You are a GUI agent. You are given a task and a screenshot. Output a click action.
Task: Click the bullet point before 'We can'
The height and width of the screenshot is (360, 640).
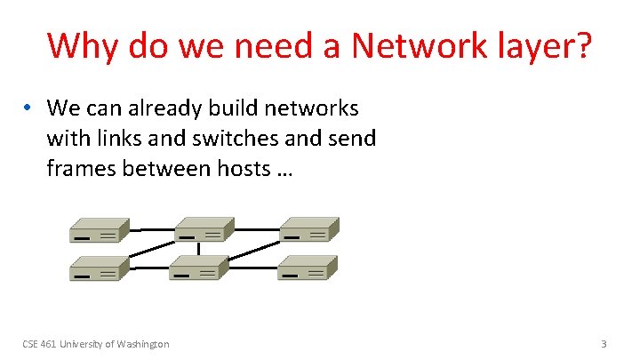29,108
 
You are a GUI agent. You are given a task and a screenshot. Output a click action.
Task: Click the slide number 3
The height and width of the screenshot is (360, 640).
604,343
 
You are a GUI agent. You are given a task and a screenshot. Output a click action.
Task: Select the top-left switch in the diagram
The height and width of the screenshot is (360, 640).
99,229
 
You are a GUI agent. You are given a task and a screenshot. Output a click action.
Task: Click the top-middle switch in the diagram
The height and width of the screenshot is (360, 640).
204,229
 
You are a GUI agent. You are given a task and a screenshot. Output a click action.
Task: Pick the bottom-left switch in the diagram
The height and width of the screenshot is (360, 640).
99,268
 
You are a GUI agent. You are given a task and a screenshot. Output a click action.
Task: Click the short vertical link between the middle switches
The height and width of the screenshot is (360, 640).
200,248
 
